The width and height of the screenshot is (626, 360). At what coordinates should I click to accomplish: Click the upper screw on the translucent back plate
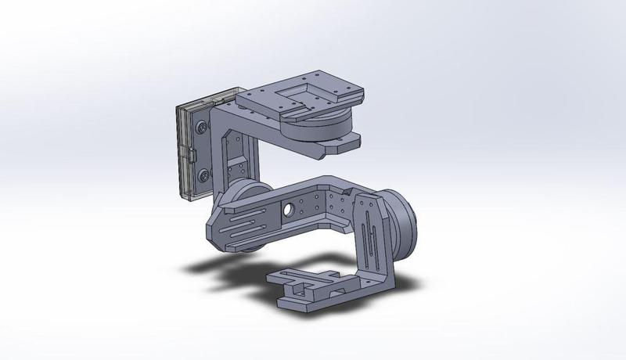click(x=203, y=125)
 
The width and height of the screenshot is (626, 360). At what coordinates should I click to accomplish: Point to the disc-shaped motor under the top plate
click(x=313, y=125)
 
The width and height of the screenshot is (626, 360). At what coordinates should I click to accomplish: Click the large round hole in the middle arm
click(x=289, y=209)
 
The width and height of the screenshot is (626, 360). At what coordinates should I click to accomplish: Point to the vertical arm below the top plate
click(x=235, y=157)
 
